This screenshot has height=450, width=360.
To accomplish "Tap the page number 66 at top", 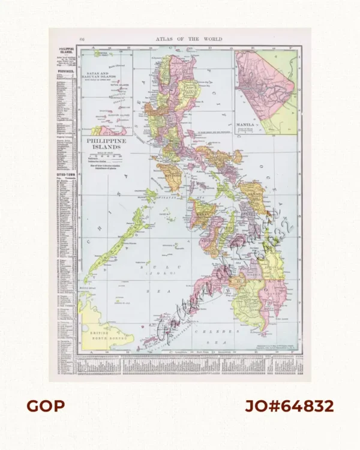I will tap(82, 39).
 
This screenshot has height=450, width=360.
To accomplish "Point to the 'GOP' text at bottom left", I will tap(45, 406).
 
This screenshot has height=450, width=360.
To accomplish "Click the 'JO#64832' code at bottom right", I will tap(289, 406).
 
